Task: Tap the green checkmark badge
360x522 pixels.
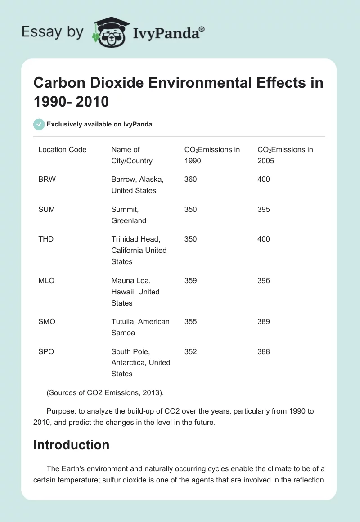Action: pyautogui.click(x=39, y=124)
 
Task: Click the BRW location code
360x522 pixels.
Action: pyautogui.click(x=47, y=179)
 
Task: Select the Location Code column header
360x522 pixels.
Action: pyautogui.click(x=62, y=149)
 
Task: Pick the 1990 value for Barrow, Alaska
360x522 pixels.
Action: pyautogui.click(x=190, y=179)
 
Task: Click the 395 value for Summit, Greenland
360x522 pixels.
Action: pyautogui.click(x=264, y=209)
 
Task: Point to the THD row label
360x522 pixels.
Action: pyautogui.click(x=46, y=239)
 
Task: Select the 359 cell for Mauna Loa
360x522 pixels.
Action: pyautogui.click(x=190, y=280)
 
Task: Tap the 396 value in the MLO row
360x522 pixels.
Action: pyautogui.click(x=264, y=280)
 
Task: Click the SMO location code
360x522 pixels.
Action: pyautogui.click(x=47, y=321)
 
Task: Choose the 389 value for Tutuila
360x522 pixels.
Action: pyautogui.click(x=264, y=321)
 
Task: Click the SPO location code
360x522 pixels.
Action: pyautogui.click(x=46, y=351)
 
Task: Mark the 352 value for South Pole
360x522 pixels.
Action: pyautogui.click(x=190, y=351)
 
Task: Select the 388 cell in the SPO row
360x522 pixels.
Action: pyautogui.click(x=264, y=351)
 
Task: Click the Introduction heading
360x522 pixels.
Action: pyautogui.click(x=71, y=445)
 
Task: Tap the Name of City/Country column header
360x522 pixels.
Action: pyautogui.click(x=132, y=155)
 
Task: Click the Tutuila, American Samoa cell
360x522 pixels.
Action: pyautogui.click(x=140, y=327)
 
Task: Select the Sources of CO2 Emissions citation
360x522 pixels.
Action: pyautogui.click(x=105, y=392)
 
